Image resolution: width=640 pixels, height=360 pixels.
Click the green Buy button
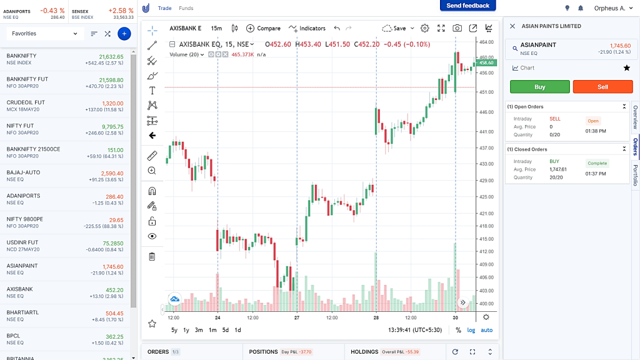coord(539,87)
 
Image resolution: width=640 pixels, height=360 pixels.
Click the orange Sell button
coord(602,87)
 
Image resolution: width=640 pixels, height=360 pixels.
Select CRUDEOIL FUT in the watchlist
coord(26,102)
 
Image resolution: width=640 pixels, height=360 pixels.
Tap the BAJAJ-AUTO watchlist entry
coord(23,172)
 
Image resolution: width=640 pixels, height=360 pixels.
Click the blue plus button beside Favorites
coord(124,33)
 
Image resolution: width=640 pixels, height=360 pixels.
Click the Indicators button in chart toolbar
coord(307,28)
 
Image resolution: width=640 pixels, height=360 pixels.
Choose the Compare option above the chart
coord(263,28)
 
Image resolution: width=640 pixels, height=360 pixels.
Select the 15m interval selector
coord(216,28)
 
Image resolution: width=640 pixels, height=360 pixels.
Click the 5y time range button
coord(174,330)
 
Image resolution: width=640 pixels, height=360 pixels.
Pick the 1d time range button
coord(237,330)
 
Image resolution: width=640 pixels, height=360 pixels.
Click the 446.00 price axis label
coord(486,112)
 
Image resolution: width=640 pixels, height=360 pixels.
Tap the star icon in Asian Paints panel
coord(626,67)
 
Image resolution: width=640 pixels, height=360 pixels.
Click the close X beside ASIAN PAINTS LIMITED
coord(512,26)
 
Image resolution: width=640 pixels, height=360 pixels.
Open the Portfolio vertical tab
coord(636,175)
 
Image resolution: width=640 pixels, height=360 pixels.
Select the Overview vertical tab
coord(636,117)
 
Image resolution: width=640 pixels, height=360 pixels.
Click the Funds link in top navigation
coord(186,8)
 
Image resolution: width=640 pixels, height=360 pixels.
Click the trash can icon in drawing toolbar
coord(152,256)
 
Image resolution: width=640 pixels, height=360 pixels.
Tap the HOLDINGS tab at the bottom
coord(364,352)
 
